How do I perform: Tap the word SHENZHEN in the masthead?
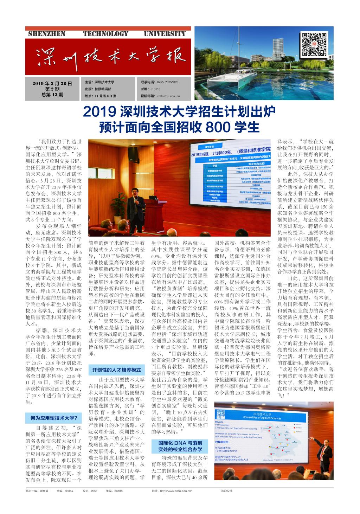[46, 34]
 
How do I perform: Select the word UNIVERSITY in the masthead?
[165, 34]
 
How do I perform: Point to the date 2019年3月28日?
[52, 84]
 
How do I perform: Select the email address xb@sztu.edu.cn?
[168, 96]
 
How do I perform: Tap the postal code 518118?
[155, 89]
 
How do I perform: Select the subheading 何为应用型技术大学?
[53, 418]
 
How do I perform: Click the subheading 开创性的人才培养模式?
[116, 370]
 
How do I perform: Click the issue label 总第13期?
[52, 95]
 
